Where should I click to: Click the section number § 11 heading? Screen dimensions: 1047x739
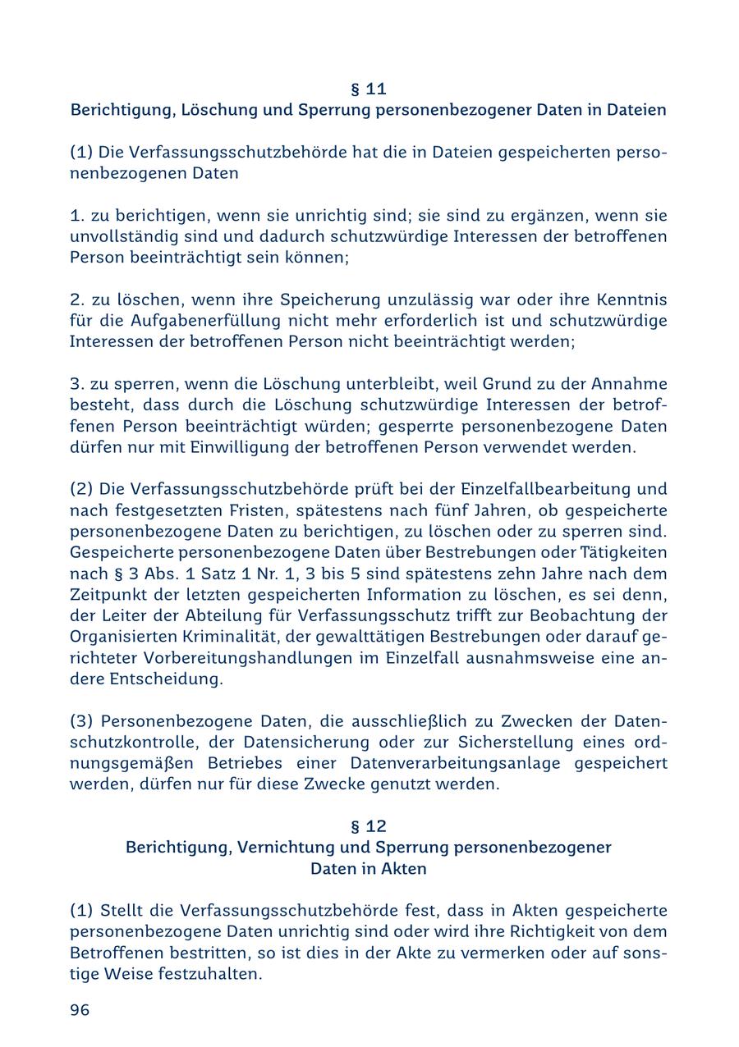click(x=368, y=89)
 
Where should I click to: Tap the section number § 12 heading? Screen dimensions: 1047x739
click(x=368, y=826)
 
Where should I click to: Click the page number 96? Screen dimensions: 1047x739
click(x=80, y=1010)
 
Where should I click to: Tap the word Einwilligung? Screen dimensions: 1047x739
click(x=281, y=448)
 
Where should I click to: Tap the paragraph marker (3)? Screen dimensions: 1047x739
click(x=82, y=721)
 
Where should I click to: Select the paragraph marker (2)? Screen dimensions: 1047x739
click(x=82, y=490)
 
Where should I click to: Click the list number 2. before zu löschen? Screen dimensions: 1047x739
click(x=76, y=299)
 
